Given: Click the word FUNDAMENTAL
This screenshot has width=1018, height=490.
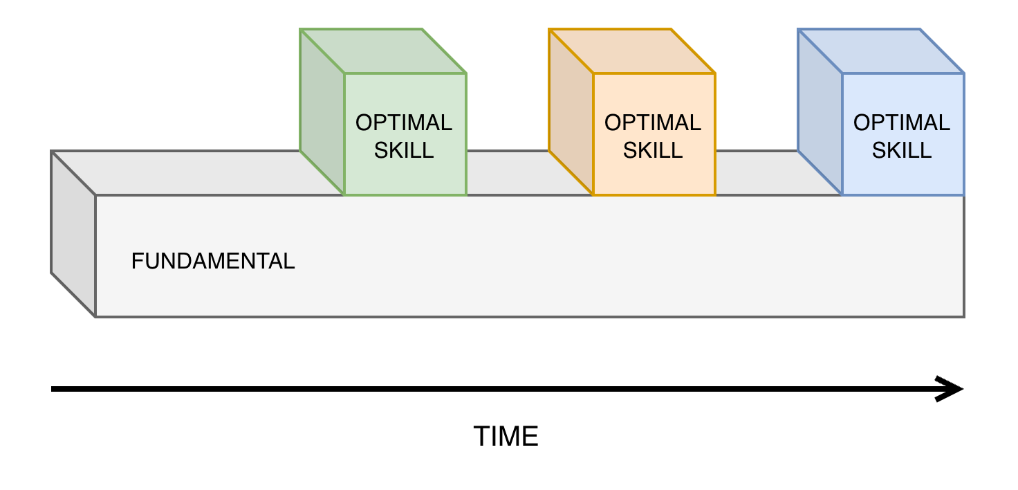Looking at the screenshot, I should coord(213,261).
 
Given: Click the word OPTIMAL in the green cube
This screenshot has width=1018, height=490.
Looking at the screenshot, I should coord(404,122).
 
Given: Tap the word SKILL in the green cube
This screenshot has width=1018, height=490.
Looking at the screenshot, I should coord(404,150).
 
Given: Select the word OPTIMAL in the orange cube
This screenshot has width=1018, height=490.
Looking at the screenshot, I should coord(653,122).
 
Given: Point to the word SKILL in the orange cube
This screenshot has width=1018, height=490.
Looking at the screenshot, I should coord(653,150).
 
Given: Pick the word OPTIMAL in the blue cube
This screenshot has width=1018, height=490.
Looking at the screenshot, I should coord(902,122).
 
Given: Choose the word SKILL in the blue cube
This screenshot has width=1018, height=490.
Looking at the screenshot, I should coord(902,150).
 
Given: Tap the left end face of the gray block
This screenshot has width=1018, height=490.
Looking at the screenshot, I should coord(73,234).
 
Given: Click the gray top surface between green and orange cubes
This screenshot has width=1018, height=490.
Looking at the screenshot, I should coord(508,173).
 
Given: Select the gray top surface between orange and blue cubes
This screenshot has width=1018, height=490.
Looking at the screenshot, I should coord(757,173).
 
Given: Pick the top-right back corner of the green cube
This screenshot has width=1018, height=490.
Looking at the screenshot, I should coord(422,30).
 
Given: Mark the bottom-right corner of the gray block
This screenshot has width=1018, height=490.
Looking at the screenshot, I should coord(963,316).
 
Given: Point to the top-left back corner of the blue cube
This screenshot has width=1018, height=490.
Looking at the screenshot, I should coord(799,30).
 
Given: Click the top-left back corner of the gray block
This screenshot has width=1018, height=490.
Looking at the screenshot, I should coord(53,152).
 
